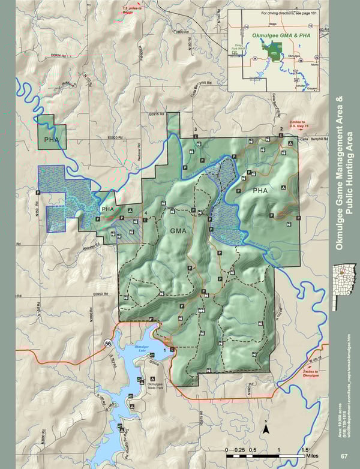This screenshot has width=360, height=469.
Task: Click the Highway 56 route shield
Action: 108,343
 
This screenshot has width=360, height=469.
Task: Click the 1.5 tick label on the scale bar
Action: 305,449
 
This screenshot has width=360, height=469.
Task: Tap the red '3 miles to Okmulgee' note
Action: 311,374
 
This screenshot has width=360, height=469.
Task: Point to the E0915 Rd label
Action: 156,113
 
